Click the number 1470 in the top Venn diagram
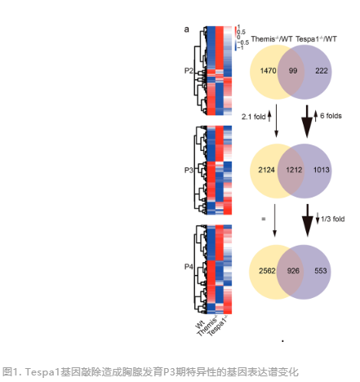pos(268,71)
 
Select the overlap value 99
pos(293,71)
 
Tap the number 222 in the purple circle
pos(322,71)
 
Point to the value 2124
pos(266,170)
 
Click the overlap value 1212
pos(294,170)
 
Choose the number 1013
pos(322,170)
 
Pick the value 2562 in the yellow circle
pos(267,271)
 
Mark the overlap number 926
pos(293,271)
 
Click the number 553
pos(321,271)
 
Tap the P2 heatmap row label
pos(189,71)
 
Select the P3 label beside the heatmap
pos(189,170)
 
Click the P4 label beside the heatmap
pos(189,267)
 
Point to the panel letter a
pos(186,29)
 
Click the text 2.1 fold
pos(253,117)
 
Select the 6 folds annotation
pos(331,116)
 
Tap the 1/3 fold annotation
pos(332,219)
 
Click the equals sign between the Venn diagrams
pos(263,219)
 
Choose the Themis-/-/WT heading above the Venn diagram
pos(272,39)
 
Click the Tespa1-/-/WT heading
pos(316,39)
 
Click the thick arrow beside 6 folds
pos(307,122)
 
